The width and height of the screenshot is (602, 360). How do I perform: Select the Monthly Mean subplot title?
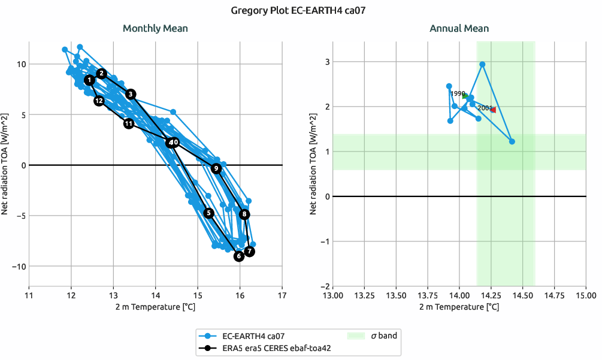(x=155, y=28)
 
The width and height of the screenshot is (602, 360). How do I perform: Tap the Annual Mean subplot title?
(x=459, y=28)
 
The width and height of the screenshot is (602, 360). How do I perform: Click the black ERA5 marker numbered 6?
(x=239, y=256)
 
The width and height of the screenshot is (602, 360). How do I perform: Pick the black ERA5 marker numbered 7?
(x=250, y=252)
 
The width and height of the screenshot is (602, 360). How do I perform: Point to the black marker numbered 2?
(x=101, y=73)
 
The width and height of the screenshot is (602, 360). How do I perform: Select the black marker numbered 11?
(x=129, y=123)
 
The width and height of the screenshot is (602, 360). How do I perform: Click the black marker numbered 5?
(x=208, y=213)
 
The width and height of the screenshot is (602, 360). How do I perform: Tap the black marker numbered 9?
(x=216, y=169)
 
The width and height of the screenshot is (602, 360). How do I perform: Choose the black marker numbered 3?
(x=131, y=94)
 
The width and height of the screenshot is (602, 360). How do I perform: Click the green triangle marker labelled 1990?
(x=465, y=95)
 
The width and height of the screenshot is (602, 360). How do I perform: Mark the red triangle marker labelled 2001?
(x=493, y=110)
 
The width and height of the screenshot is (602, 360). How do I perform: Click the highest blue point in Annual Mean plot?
(x=482, y=64)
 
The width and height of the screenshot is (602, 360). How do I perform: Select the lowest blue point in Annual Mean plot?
(x=512, y=141)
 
